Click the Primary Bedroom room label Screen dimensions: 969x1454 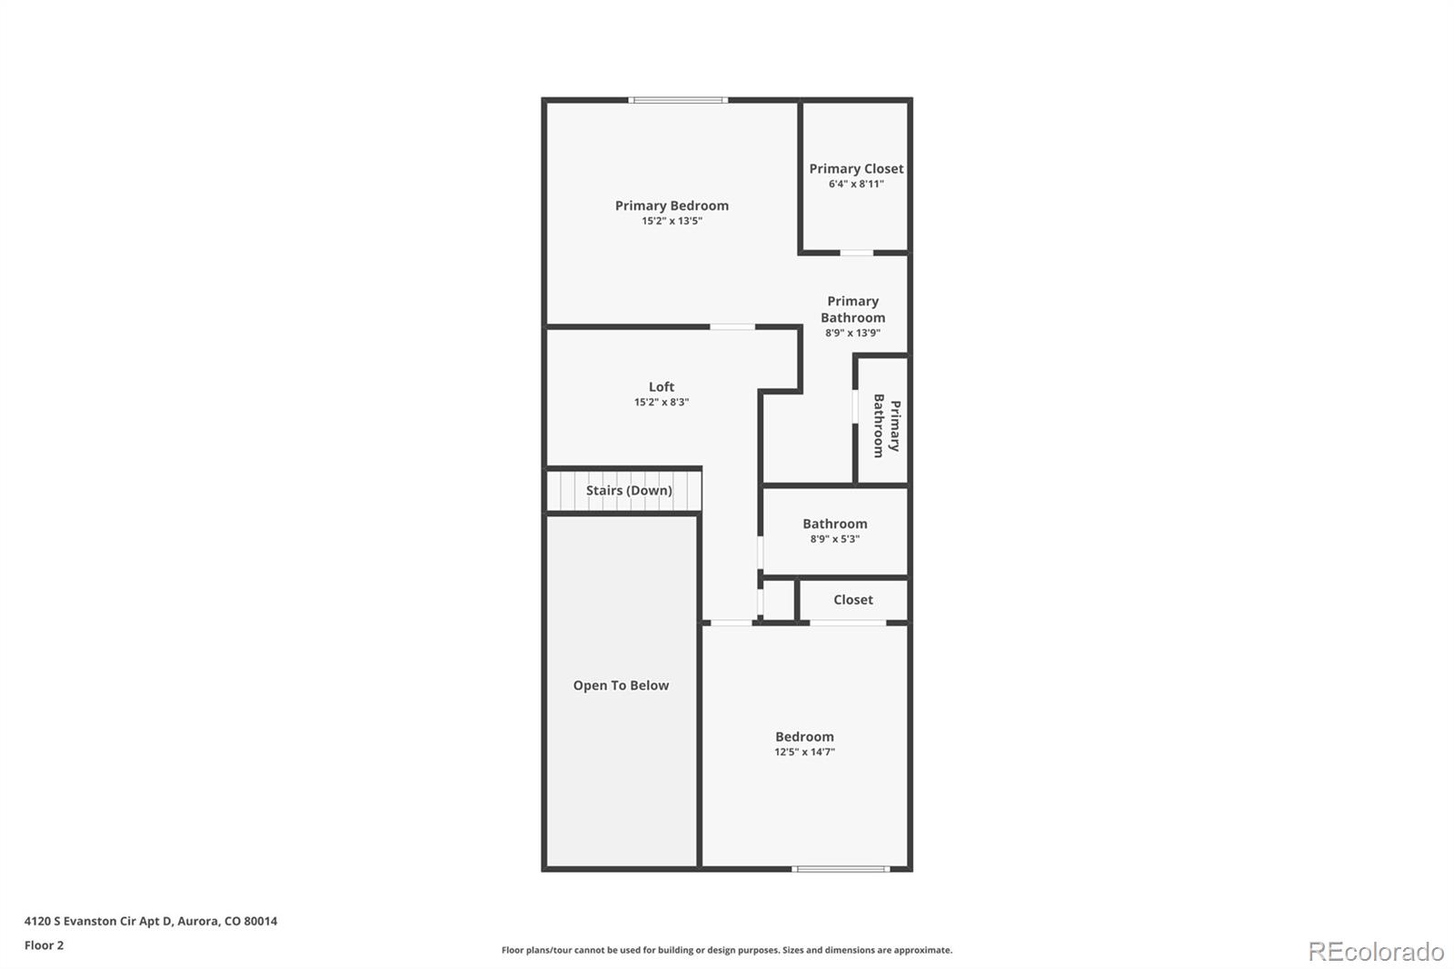tap(672, 205)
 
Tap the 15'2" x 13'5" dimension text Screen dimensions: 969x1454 tap(672, 221)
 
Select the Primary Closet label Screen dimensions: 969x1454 tap(856, 168)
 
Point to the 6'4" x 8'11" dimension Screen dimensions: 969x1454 tap(856, 184)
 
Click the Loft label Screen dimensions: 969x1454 tap(662, 386)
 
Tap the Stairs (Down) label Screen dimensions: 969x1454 tap(629, 490)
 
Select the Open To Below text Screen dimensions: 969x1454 tap(621, 685)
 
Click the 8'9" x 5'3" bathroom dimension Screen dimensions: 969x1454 tap(834, 539)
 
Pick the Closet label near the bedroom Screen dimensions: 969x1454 tap(852, 600)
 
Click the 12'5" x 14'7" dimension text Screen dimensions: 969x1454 tap(804, 752)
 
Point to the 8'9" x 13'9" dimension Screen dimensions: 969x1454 tap(852, 333)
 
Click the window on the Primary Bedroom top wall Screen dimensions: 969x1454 tap(678, 100)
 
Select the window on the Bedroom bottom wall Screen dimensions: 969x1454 tap(841, 869)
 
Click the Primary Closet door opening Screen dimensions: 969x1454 tap(856, 253)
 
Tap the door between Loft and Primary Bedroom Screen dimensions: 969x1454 tap(732, 327)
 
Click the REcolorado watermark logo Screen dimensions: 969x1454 tap(1375, 951)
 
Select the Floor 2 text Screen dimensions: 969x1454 tap(44, 945)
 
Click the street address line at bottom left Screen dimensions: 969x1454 tap(151, 921)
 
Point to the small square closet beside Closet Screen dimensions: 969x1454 tap(779, 600)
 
